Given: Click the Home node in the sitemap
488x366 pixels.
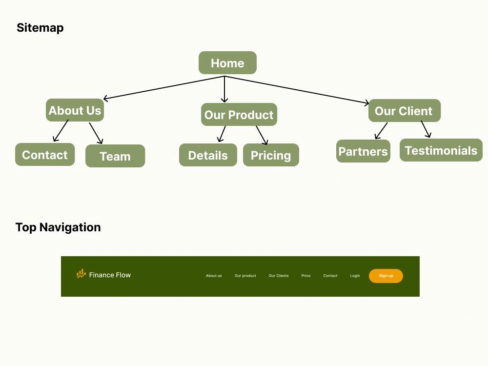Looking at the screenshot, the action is pos(227,63).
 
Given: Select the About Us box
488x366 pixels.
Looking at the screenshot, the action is pos(75,110).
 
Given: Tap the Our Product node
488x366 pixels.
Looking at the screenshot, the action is pos(239,115).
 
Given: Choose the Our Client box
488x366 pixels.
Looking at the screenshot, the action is pos(404,110).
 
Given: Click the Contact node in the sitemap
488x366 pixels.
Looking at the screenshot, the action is pos(45,155).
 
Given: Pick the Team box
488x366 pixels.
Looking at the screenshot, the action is pos(115,156).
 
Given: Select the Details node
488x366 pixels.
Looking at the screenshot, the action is pos(208,155).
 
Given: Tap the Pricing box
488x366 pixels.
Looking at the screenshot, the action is pos(271,155).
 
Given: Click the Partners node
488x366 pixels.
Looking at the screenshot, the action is pos(363,151).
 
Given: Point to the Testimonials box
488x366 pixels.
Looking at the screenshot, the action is pos(441,150).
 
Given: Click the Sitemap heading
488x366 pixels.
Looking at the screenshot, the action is pos(40,28).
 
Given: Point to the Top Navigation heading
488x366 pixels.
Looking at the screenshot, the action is pos(58,227).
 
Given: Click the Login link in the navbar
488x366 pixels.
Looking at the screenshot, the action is pos(355,276).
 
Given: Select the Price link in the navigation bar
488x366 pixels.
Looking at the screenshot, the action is pos(306,276).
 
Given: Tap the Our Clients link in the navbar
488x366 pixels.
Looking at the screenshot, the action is pos(279,276).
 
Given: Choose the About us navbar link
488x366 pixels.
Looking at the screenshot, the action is pos(214,276).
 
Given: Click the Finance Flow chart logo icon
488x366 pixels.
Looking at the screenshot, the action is pos(81,274).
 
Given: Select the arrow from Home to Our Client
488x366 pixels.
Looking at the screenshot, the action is pos(297,90).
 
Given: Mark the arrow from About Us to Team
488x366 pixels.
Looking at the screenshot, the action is pos(96,133).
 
